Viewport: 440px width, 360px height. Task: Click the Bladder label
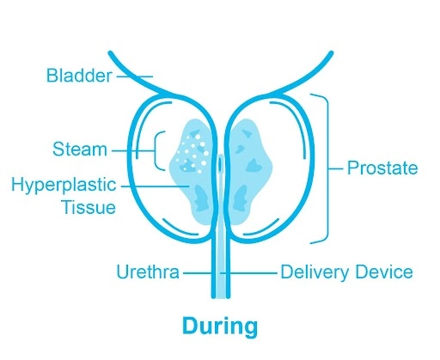click(x=79, y=76)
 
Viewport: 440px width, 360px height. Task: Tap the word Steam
click(x=80, y=149)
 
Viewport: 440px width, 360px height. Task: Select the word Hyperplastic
click(x=64, y=186)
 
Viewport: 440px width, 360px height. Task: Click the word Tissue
click(x=89, y=207)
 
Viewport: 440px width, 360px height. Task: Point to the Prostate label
click(x=382, y=168)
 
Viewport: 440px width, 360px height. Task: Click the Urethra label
click(x=148, y=272)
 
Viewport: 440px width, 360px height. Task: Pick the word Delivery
click(x=314, y=272)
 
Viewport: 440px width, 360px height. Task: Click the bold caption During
click(x=220, y=326)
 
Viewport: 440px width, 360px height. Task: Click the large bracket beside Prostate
click(x=327, y=168)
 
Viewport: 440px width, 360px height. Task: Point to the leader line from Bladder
click(x=134, y=76)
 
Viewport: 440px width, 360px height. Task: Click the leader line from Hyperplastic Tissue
click(x=156, y=186)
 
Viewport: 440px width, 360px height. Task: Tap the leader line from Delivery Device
click(x=248, y=273)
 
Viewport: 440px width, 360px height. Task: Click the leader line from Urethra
click(x=198, y=273)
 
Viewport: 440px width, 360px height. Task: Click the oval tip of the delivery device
click(x=220, y=163)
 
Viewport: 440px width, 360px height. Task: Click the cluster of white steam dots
click(x=192, y=154)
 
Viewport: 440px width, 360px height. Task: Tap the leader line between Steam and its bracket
click(x=133, y=150)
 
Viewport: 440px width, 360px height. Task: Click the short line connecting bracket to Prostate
click(x=336, y=168)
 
